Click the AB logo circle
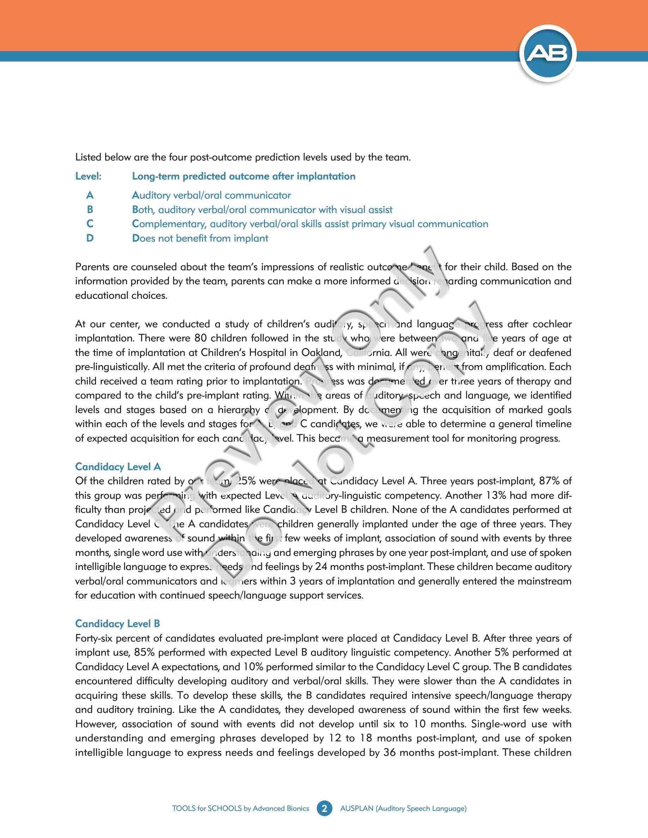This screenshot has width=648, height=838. tap(548, 54)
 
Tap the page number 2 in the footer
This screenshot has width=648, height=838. tap(324, 808)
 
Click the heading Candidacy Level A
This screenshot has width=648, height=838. tap(118, 467)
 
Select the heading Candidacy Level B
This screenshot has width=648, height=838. tap(118, 624)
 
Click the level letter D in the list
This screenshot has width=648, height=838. tap(90, 238)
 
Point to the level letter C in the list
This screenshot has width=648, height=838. tap(90, 224)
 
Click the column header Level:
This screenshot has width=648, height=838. tap(88, 176)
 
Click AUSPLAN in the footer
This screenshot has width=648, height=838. tap(356, 808)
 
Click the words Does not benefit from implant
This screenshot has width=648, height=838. tap(200, 238)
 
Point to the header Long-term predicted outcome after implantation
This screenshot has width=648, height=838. tap(244, 176)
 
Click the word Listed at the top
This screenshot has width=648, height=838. tap(88, 157)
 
